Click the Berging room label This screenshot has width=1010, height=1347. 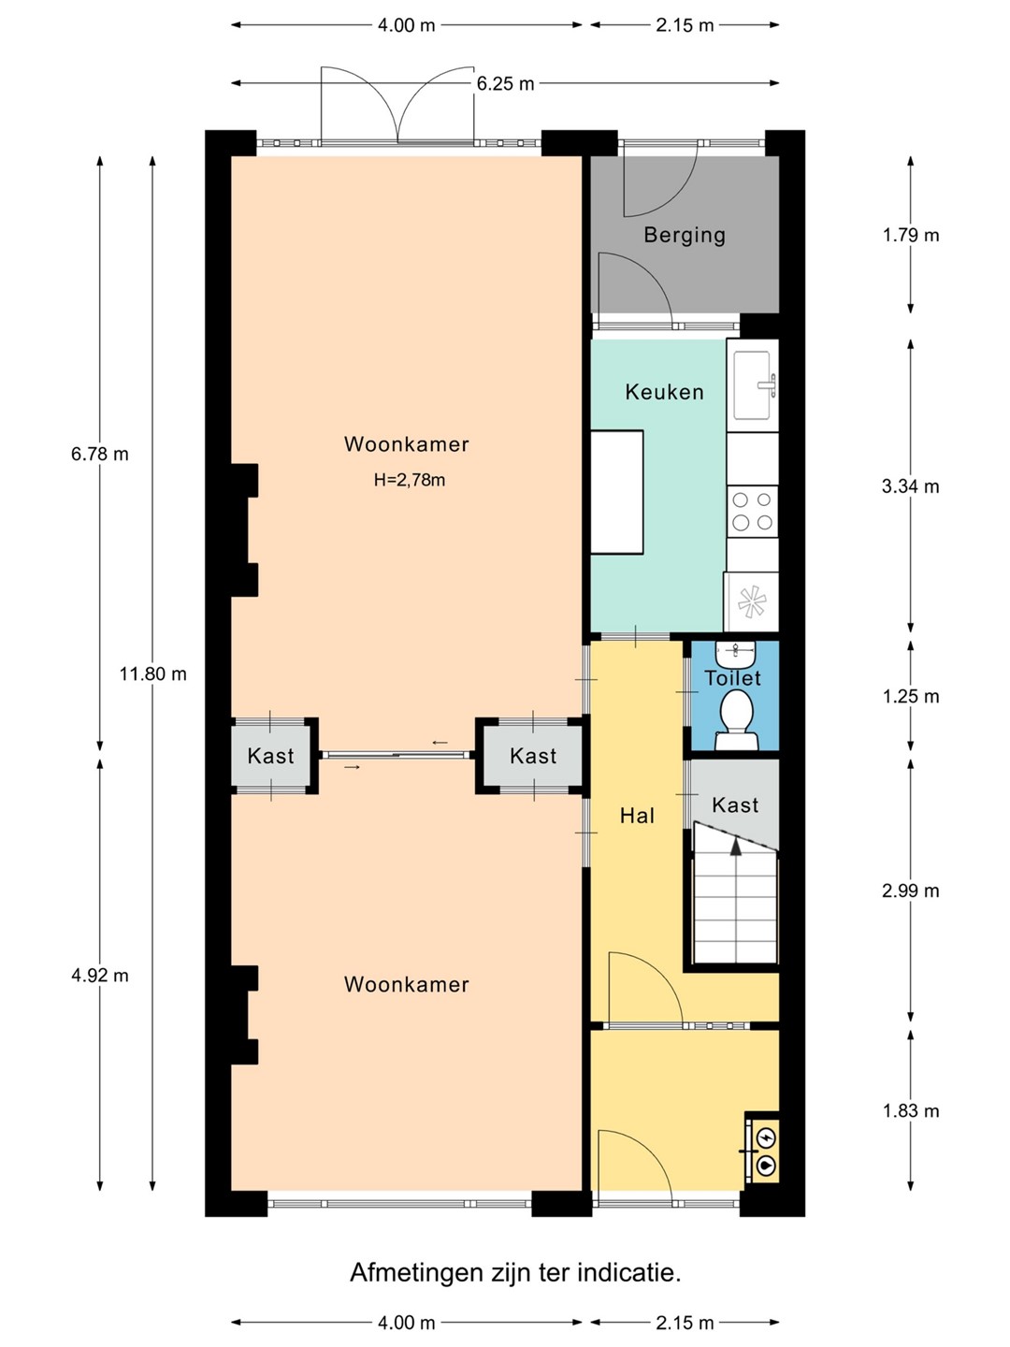685,235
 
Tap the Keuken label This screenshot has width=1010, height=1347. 664,392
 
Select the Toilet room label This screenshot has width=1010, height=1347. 732,678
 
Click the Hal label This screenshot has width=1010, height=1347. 637,816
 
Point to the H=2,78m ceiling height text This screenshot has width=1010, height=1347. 409,480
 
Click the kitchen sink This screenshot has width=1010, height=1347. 753,385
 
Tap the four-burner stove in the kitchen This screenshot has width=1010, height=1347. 753,512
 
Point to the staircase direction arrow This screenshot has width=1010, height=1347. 735,847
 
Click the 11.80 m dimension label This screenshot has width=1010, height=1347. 152,674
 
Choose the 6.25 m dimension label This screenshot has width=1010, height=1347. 505,83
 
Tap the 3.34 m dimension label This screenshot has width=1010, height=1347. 910,486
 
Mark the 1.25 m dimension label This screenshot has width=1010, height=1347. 911,697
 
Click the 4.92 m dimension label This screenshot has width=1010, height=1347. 100,976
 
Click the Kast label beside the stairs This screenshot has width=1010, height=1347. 735,804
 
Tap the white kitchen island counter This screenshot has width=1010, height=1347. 617,492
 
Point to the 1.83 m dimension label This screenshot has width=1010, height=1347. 911,1110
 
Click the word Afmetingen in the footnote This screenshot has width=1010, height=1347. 416,1273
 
